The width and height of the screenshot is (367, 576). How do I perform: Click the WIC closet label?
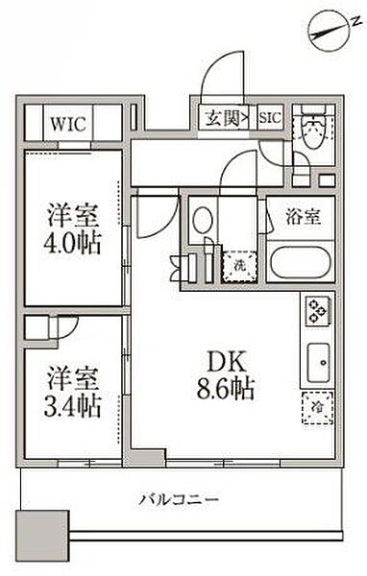[x=68, y=124]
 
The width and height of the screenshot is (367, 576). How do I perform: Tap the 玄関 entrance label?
[x=223, y=118]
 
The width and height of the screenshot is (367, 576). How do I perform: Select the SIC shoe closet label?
[x=270, y=118]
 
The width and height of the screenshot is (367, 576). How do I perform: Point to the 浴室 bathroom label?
[x=304, y=217]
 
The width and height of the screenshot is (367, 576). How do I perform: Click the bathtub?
[x=301, y=262]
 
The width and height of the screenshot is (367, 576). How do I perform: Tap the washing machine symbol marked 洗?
[x=240, y=266]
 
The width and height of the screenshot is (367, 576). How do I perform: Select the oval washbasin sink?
[x=203, y=220]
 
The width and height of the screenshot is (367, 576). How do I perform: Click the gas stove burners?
[x=318, y=310]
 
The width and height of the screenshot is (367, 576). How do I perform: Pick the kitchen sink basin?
[x=318, y=363]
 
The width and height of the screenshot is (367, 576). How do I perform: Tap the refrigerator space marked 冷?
[x=317, y=408]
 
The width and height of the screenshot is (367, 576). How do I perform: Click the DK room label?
[x=227, y=362]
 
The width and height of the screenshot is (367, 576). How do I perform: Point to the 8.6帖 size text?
[x=226, y=389]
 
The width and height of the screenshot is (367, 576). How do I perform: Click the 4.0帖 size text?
[x=72, y=243]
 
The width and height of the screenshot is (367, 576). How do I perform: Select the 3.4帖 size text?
[x=72, y=406]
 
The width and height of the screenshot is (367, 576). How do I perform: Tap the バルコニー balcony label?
[x=179, y=499]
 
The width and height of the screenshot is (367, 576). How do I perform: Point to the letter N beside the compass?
[x=355, y=22]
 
